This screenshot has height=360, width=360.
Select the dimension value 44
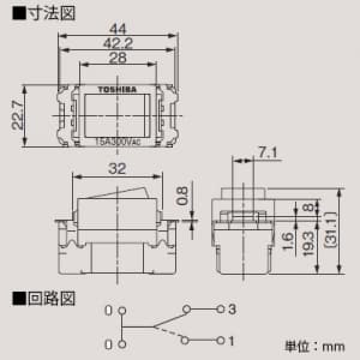click(x=119, y=28)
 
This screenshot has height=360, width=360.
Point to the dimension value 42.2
click(x=118, y=43)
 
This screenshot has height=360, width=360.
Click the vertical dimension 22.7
click(x=18, y=115)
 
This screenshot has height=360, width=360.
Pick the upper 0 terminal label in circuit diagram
click(x=108, y=311)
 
